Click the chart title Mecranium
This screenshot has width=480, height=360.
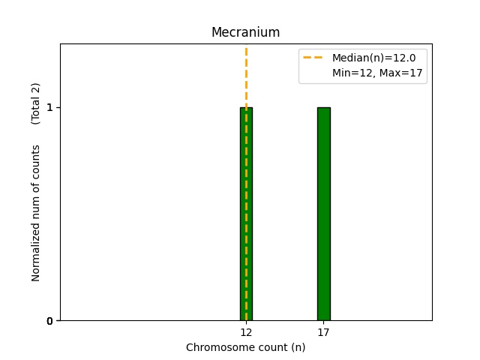245,33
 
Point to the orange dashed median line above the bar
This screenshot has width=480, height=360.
246,75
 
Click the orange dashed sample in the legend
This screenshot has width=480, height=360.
313,58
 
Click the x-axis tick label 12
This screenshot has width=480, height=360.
246,332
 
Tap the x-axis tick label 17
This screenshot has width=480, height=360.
323,332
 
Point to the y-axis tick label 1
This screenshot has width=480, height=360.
49,107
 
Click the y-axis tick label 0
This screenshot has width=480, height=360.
49,321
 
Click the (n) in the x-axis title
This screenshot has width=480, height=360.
298,347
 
